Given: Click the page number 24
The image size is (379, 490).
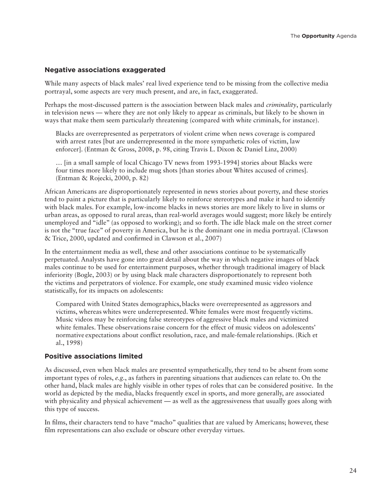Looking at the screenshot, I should (353, 471).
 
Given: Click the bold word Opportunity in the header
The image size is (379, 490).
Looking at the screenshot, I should (318, 36).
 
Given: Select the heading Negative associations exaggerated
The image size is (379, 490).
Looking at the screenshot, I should (105, 70).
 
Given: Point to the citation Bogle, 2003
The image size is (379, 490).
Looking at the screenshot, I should (97, 275).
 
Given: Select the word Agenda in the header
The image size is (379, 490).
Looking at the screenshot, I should (346, 36).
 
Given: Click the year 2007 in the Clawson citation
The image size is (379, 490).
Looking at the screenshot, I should (212, 238).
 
